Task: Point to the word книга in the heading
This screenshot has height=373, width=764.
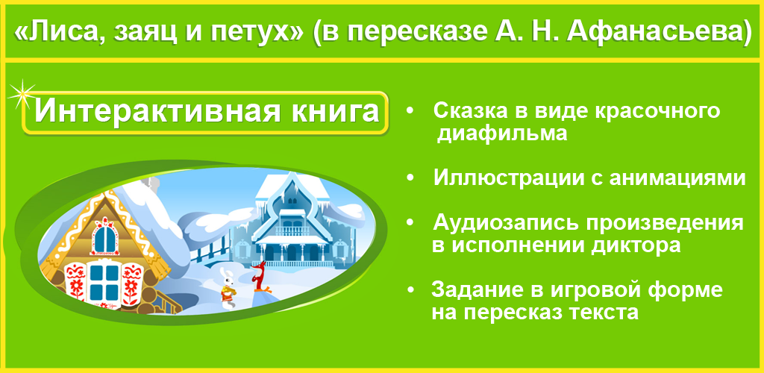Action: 332,111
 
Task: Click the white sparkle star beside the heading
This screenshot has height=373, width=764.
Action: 21,95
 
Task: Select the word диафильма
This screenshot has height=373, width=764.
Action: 502,134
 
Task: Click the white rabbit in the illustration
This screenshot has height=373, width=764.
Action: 227,288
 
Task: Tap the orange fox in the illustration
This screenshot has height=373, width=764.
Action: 259,277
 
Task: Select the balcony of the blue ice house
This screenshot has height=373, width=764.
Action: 292,229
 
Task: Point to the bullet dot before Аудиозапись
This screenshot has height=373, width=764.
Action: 410,222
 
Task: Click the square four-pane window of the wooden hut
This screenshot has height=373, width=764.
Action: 104,282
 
